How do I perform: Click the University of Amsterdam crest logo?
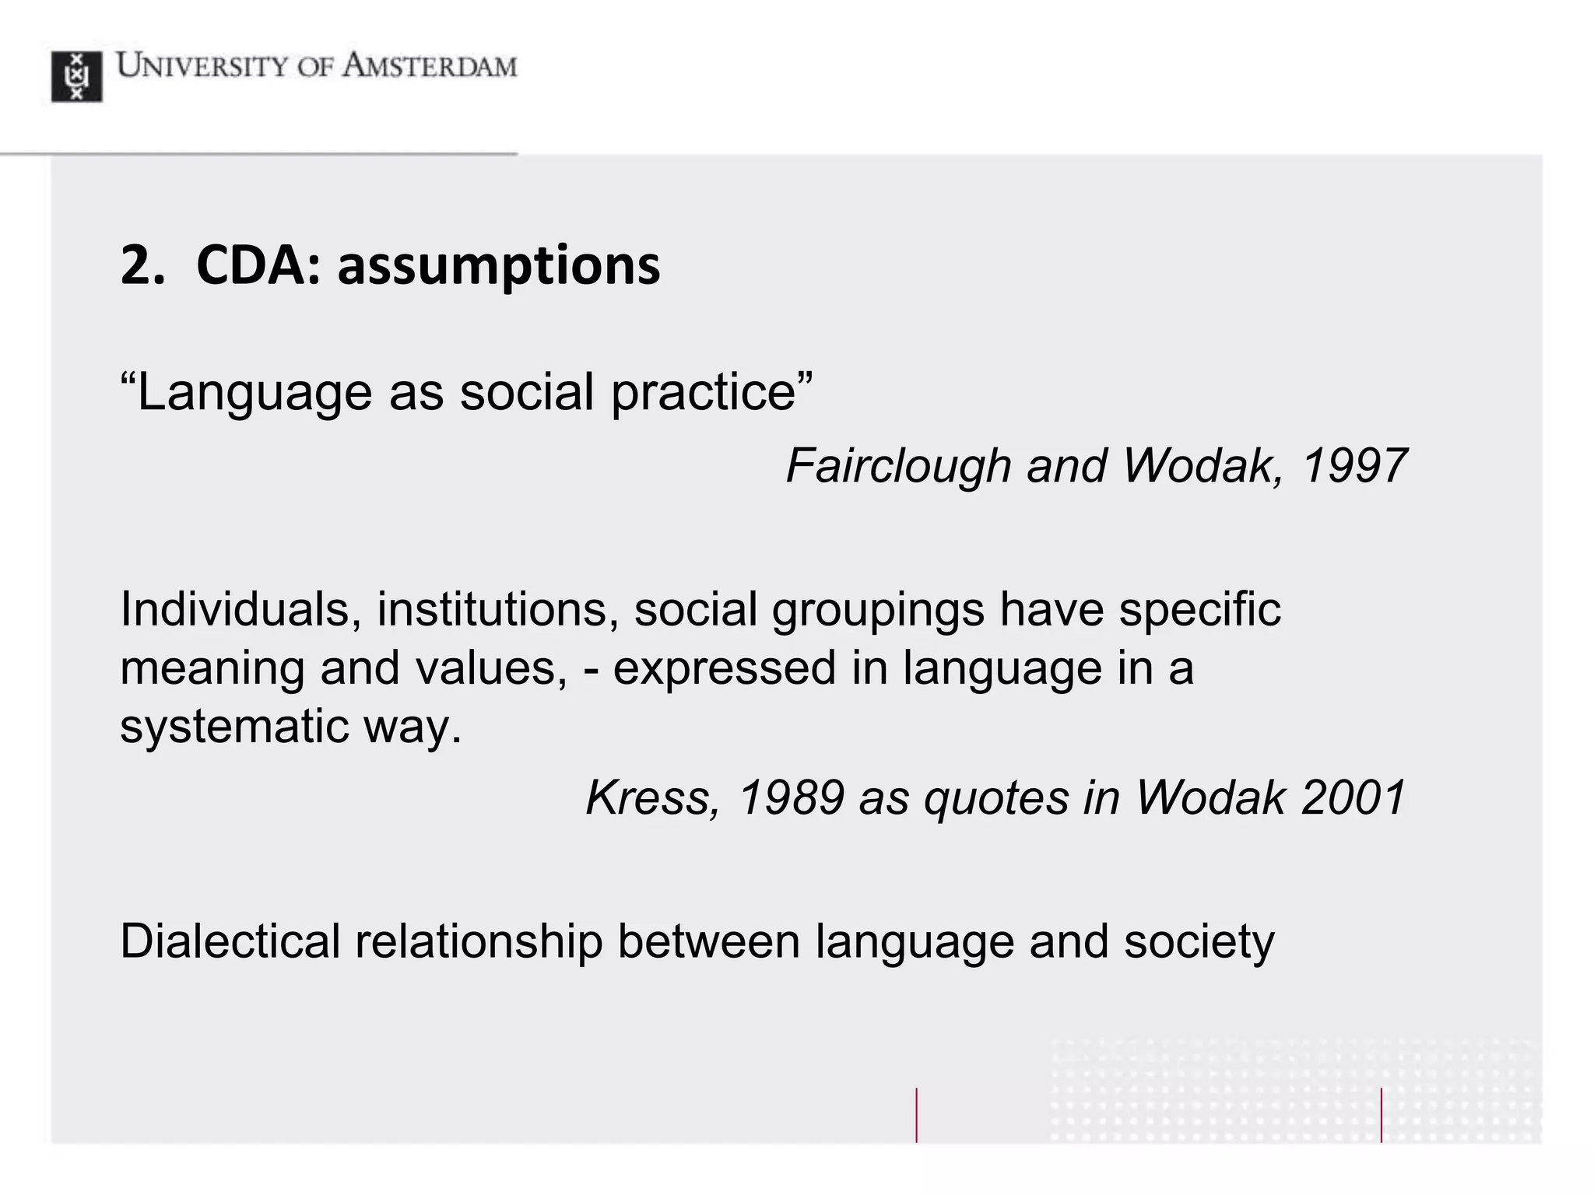click(76, 76)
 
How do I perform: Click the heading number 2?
click(142, 266)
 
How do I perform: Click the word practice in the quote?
click(704, 393)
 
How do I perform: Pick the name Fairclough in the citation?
click(898, 466)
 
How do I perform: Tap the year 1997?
click(1353, 466)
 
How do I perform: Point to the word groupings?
click(878, 611)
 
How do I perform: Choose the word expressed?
click(724, 669)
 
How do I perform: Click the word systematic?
click(234, 727)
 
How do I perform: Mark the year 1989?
click(791, 798)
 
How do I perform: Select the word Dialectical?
click(230, 942)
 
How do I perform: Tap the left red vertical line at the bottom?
click(917, 1115)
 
